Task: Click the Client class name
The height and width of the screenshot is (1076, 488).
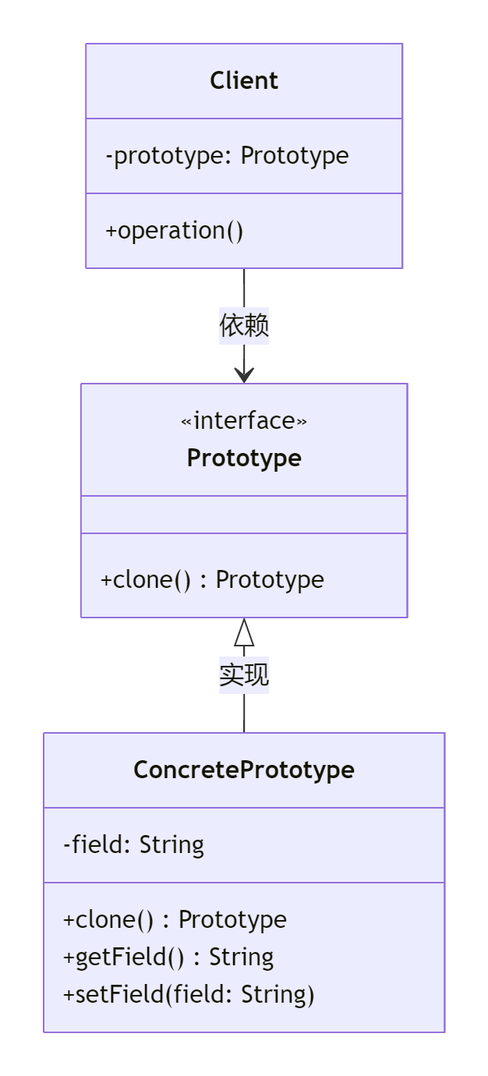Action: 244,81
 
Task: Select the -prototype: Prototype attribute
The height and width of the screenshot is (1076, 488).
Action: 227,156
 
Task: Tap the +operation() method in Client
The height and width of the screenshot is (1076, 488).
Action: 175,231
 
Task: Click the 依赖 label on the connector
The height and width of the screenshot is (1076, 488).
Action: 244,326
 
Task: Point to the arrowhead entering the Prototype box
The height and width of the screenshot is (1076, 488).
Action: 244,375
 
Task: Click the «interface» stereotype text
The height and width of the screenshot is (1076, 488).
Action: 244,421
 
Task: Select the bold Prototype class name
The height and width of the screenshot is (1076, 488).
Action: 244,458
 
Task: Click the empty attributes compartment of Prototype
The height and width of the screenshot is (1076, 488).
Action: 244,515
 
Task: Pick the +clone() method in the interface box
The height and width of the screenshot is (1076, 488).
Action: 212,580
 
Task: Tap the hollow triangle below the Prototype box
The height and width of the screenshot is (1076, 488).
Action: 244,632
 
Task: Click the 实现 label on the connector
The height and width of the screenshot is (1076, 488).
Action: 244,675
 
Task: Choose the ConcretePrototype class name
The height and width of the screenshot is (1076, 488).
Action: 244,770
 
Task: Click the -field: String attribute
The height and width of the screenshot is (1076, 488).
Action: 134,845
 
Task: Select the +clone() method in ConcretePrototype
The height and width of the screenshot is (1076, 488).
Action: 175,920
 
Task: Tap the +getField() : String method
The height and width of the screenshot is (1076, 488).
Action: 168,957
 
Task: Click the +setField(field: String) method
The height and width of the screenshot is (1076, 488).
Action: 189,995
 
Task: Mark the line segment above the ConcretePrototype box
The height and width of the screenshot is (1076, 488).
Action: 244,713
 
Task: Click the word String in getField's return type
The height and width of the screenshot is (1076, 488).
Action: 242,957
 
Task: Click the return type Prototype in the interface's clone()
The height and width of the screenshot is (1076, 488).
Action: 270,580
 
